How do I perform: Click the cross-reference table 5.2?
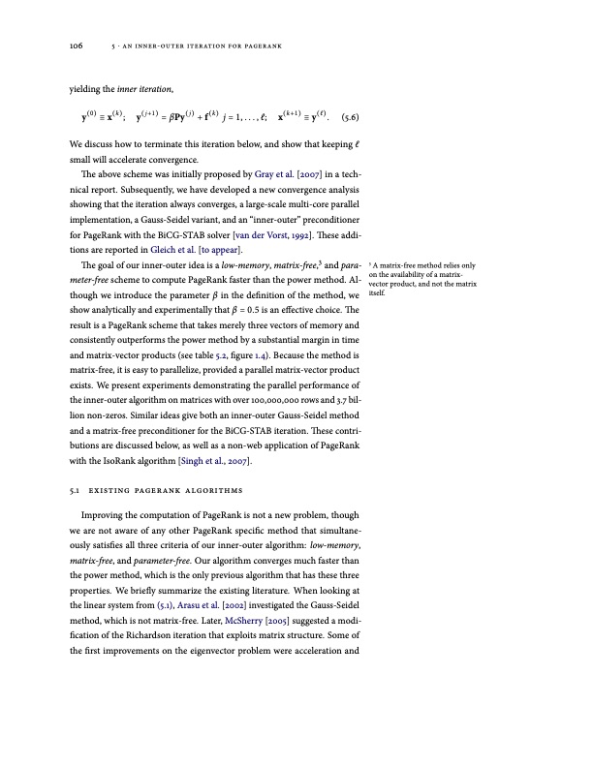pyautogui.click(x=202, y=342)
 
